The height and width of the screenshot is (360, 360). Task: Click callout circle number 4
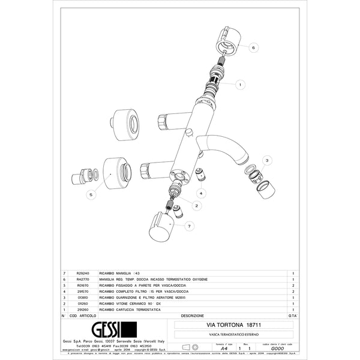click(x=202, y=193)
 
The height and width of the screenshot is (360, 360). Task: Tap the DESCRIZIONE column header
click(x=192, y=314)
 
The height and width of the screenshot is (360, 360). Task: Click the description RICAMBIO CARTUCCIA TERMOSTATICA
click(x=130, y=308)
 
